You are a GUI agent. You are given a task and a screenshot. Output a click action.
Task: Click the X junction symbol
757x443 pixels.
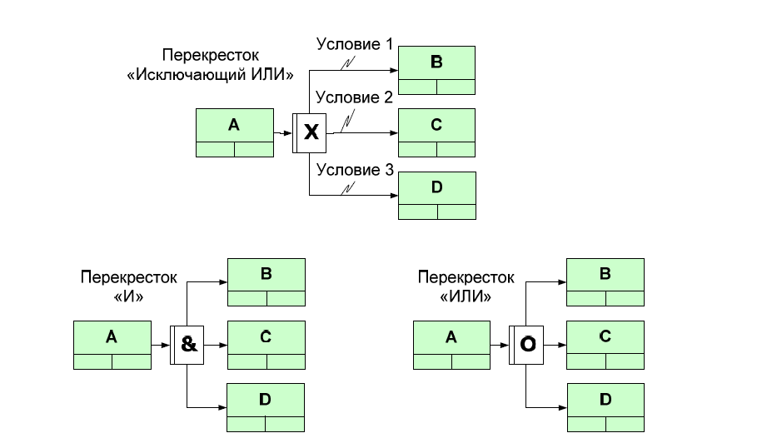[310, 132]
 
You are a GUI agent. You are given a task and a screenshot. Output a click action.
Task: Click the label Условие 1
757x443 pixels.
[354, 44]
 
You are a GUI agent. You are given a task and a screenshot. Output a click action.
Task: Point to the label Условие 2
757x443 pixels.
[354, 97]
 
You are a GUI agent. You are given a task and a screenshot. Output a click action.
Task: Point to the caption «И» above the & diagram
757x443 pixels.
[129, 293]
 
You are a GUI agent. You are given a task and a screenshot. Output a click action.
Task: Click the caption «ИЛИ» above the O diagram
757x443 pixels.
[467, 293]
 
